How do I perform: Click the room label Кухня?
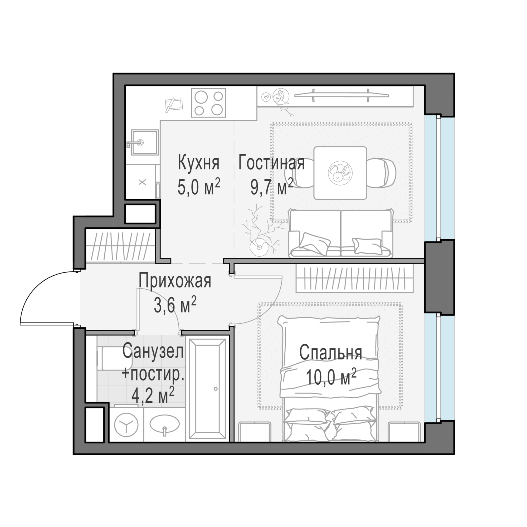point(199,163)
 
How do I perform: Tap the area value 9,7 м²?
point(272,187)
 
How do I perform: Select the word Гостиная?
point(271,163)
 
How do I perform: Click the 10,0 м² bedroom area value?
point(331,377)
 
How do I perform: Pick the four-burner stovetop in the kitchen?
point(209,103)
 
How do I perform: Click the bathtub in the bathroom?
point(207,389)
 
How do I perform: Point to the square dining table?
point(340,173)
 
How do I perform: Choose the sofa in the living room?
point(341,233)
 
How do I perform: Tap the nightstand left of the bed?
point(255,432)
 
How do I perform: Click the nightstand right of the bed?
point(404,432)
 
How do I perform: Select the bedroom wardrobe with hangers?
point(355,279)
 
